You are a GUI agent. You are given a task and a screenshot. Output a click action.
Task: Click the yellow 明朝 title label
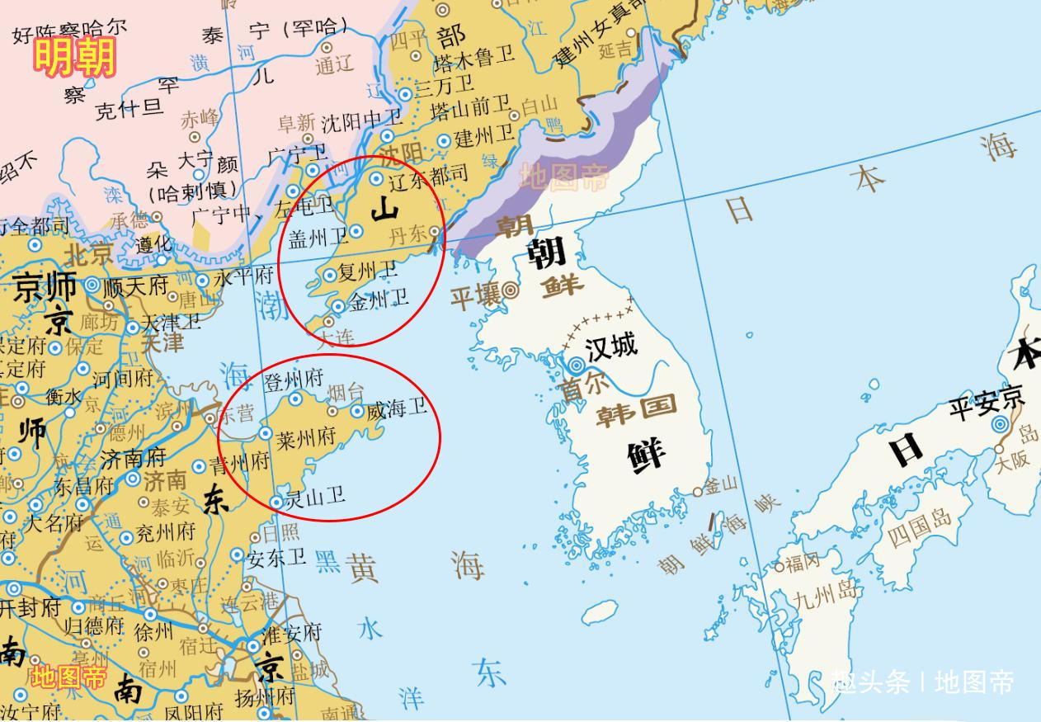click(74, 58)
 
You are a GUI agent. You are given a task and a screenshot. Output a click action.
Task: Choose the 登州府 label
click(293, 381)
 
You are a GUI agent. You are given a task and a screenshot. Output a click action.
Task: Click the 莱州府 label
click(306, 437)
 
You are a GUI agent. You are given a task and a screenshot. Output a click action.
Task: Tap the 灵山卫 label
click(314, 497)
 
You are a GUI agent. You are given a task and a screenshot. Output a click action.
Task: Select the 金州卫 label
click(378, 300)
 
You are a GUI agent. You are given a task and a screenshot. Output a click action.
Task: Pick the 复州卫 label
click(367, 271)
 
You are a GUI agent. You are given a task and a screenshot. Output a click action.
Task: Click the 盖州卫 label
click(318, 238)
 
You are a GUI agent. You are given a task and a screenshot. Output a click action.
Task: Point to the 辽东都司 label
click(426, 175)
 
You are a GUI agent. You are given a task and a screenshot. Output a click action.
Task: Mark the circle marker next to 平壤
click(511, 290)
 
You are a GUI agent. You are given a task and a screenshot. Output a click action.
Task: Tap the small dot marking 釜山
click(698, 492)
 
